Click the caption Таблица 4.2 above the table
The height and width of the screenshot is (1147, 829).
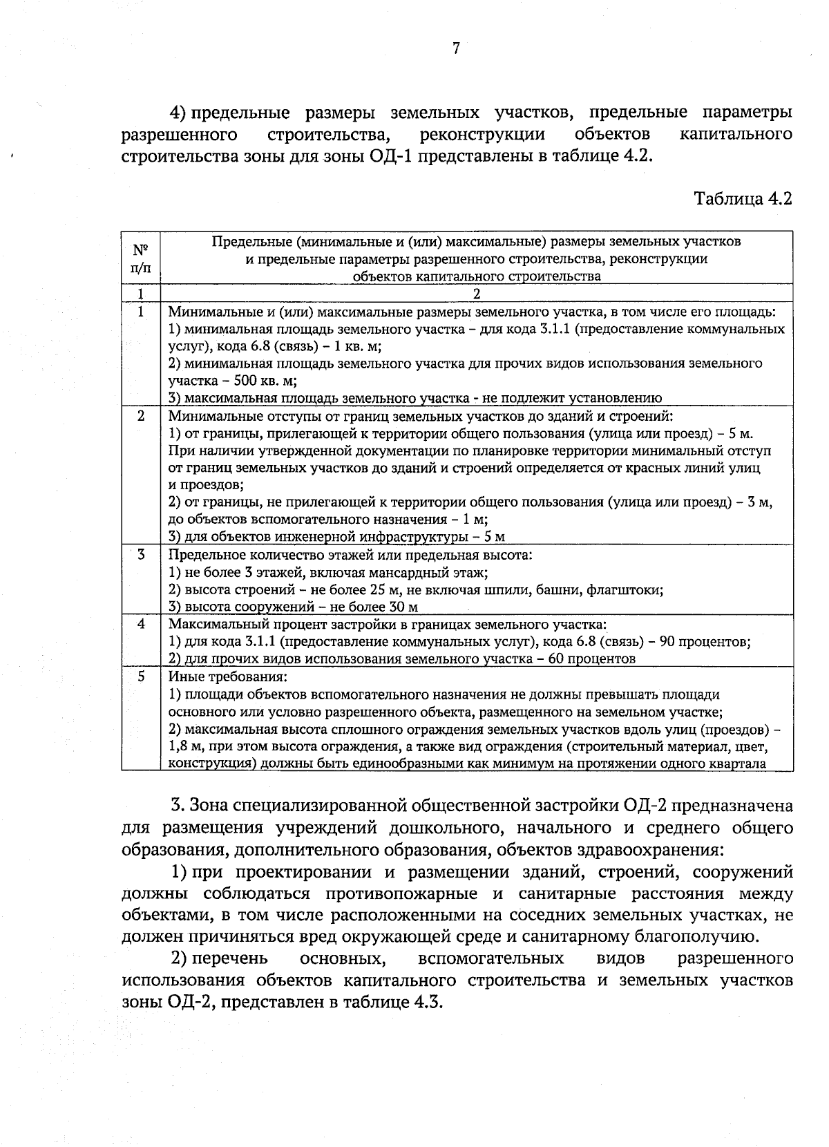pyautogui.click(x=743, y=200)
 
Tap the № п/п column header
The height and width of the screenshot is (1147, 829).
pyautogui.click(x=141, y=258)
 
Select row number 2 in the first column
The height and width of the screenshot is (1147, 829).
pyautogui.click(x=141, y=416)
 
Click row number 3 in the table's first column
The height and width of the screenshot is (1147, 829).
pyautogui.click(x=141, y=554)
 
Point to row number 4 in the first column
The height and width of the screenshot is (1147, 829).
pyautogui.click(x=141, y=624)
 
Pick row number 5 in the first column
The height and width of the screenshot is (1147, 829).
pyautogui.click(x=141, y=676)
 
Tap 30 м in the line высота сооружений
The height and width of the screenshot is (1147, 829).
pyautogui.click(x=403, y=607)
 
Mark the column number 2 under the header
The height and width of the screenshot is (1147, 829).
pyautogui.click(x=476, y=293)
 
